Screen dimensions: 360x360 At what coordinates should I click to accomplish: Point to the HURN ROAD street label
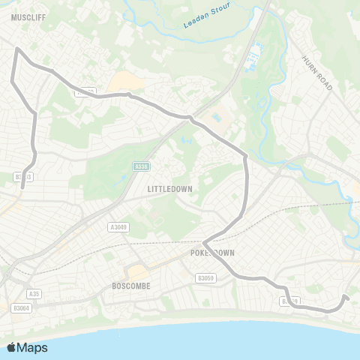pos(316,73)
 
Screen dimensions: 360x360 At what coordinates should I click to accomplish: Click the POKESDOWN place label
pos(218,253)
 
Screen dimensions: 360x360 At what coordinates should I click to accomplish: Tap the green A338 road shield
pos(140,166)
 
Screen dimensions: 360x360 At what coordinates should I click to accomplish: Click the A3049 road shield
pos(118,227)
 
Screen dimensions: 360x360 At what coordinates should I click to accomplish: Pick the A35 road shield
pos(33,293)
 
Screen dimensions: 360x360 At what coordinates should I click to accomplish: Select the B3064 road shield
pos(21,307)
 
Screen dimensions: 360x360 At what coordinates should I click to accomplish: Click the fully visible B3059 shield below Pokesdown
pos(205,277)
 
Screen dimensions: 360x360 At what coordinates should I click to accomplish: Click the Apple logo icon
pos(11,347)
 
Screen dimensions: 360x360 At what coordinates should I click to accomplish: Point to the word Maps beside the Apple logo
pos(32,347)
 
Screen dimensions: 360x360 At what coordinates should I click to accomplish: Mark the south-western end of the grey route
pos(22,187)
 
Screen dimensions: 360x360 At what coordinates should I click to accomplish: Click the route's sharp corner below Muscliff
pos(16,49)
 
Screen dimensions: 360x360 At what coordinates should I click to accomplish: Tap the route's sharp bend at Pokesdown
pos(204,243)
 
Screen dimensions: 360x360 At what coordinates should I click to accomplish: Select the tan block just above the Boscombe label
pos(136,272)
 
